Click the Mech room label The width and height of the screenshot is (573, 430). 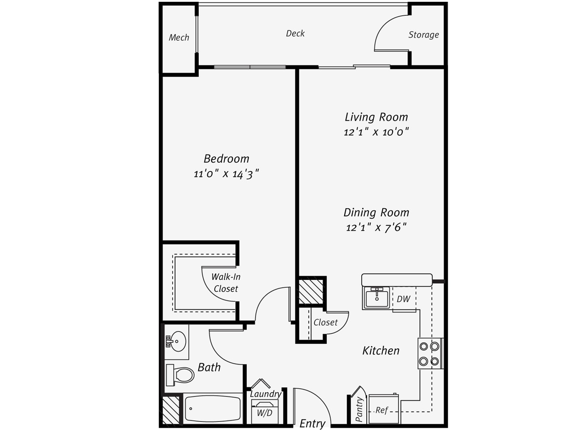point(179,38)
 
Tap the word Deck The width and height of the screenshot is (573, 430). point(295,33)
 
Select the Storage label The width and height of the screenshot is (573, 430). point(423,35)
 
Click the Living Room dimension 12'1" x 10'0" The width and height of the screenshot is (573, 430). point(376,132)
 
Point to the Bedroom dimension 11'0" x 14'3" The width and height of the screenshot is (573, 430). point(227,174)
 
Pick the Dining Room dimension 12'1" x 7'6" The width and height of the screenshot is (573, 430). point(376,228)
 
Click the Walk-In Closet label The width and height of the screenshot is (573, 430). point(226,283)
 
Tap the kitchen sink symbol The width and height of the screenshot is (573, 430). point(376,297)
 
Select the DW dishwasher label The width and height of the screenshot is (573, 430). point(403,299)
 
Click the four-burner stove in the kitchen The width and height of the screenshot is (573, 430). point(429,353)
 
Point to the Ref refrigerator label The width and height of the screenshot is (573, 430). point(382,410)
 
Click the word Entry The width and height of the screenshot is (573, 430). point(312,423)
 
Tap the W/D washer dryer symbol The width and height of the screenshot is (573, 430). point(264,412)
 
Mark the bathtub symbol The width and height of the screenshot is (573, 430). point(213,408)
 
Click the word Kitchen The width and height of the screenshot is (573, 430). point(381,351)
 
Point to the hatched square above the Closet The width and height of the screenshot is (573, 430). point(311,292)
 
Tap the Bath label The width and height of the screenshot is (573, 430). point(209,368)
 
